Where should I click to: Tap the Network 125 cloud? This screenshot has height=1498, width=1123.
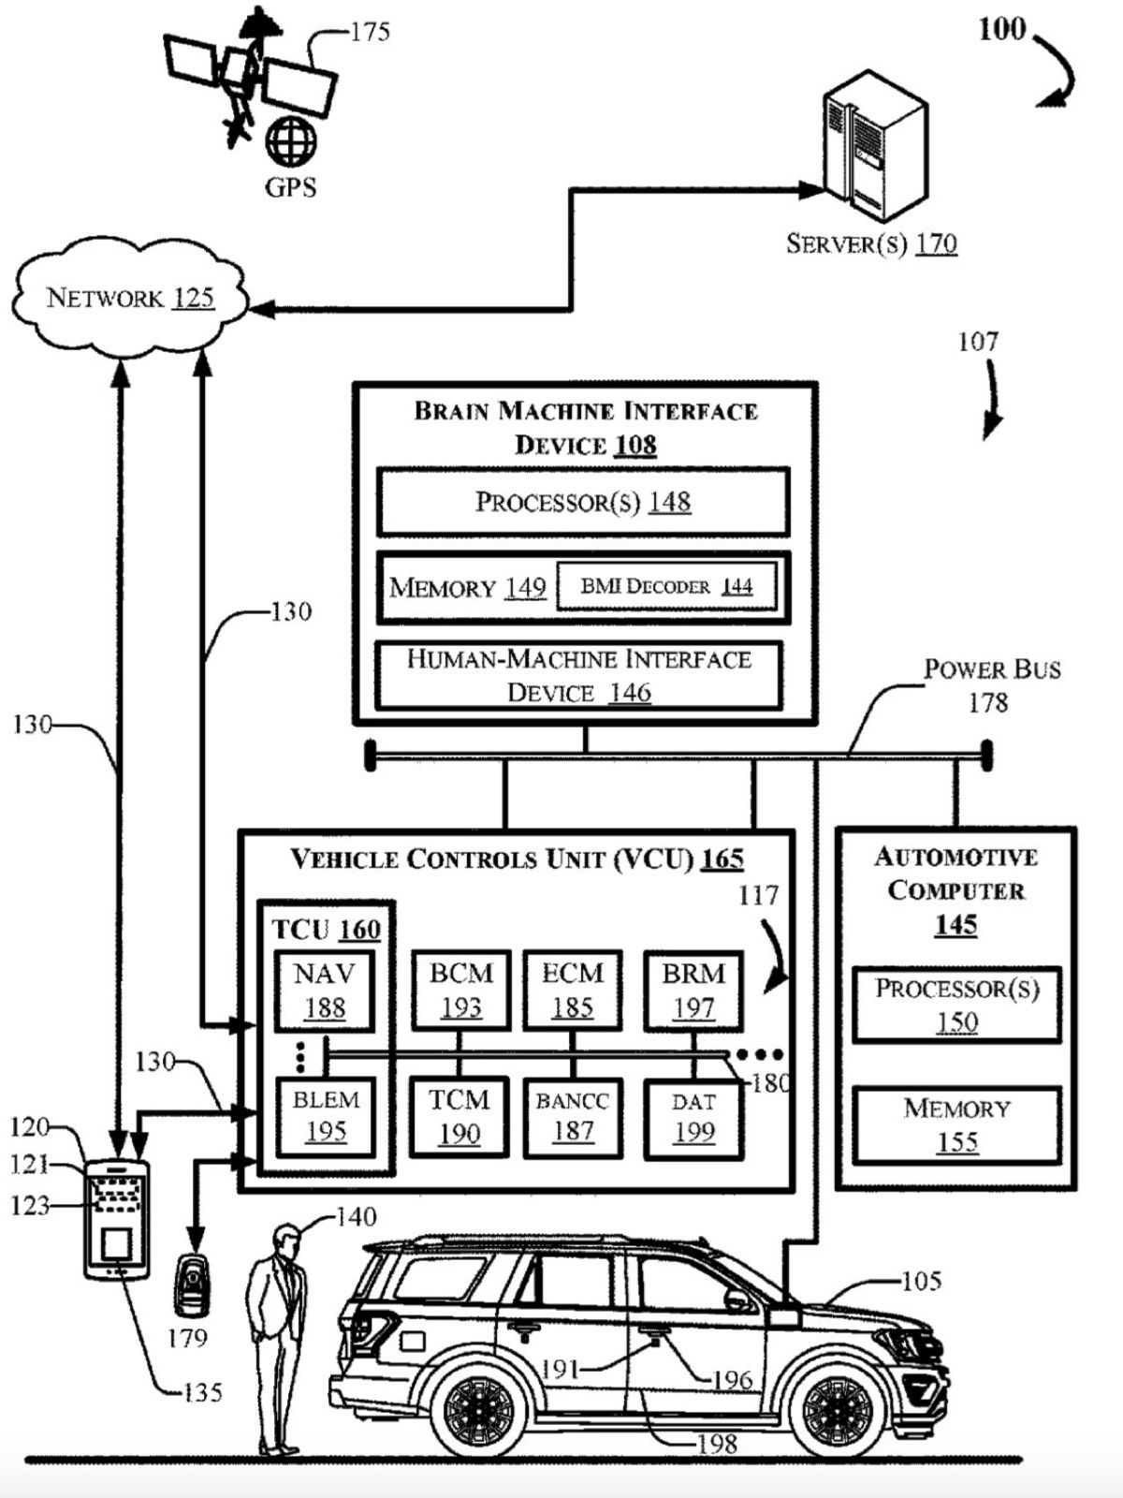pyautogui.click(x=130, y=298)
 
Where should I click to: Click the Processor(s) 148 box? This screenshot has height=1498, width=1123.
pyautogui.click(x=583, y=503)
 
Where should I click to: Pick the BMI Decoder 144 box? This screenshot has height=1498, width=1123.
pyautogui.click(x=666, y=587)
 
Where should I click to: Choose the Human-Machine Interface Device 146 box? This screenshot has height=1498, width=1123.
pyautogui.click(x=578, y=676)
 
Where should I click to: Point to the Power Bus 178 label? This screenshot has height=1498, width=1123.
pyautogui.click(x=992, y=684)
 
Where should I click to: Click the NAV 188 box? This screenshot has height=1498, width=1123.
pyautogui.click(x=324, y=991)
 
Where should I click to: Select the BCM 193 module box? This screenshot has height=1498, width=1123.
pyautogui.click(x=460, y=990)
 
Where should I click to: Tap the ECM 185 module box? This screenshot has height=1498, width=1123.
pyautogui.click(x=572, y=990)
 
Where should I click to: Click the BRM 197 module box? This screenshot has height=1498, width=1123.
pyautogui.click(x=693, y=990)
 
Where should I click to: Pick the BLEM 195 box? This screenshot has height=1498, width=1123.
pyautogui.click(x=325, y=1116)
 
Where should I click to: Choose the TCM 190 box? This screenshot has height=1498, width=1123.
pyautogui.click(x=459, y=1117)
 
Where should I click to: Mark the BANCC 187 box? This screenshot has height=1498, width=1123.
pyautogui.click(x=572, y=1117)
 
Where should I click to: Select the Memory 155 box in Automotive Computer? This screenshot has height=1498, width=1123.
pyautogui.click(x=956, y=1124)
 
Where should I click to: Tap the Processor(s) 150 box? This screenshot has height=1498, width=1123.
pyautogui.click(x=956, y=1005)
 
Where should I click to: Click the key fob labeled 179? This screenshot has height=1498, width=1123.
pyautogui.click(x=192, y=1285)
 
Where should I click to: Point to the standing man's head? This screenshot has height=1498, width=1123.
pyautogui.click(x=286, y=1240)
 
